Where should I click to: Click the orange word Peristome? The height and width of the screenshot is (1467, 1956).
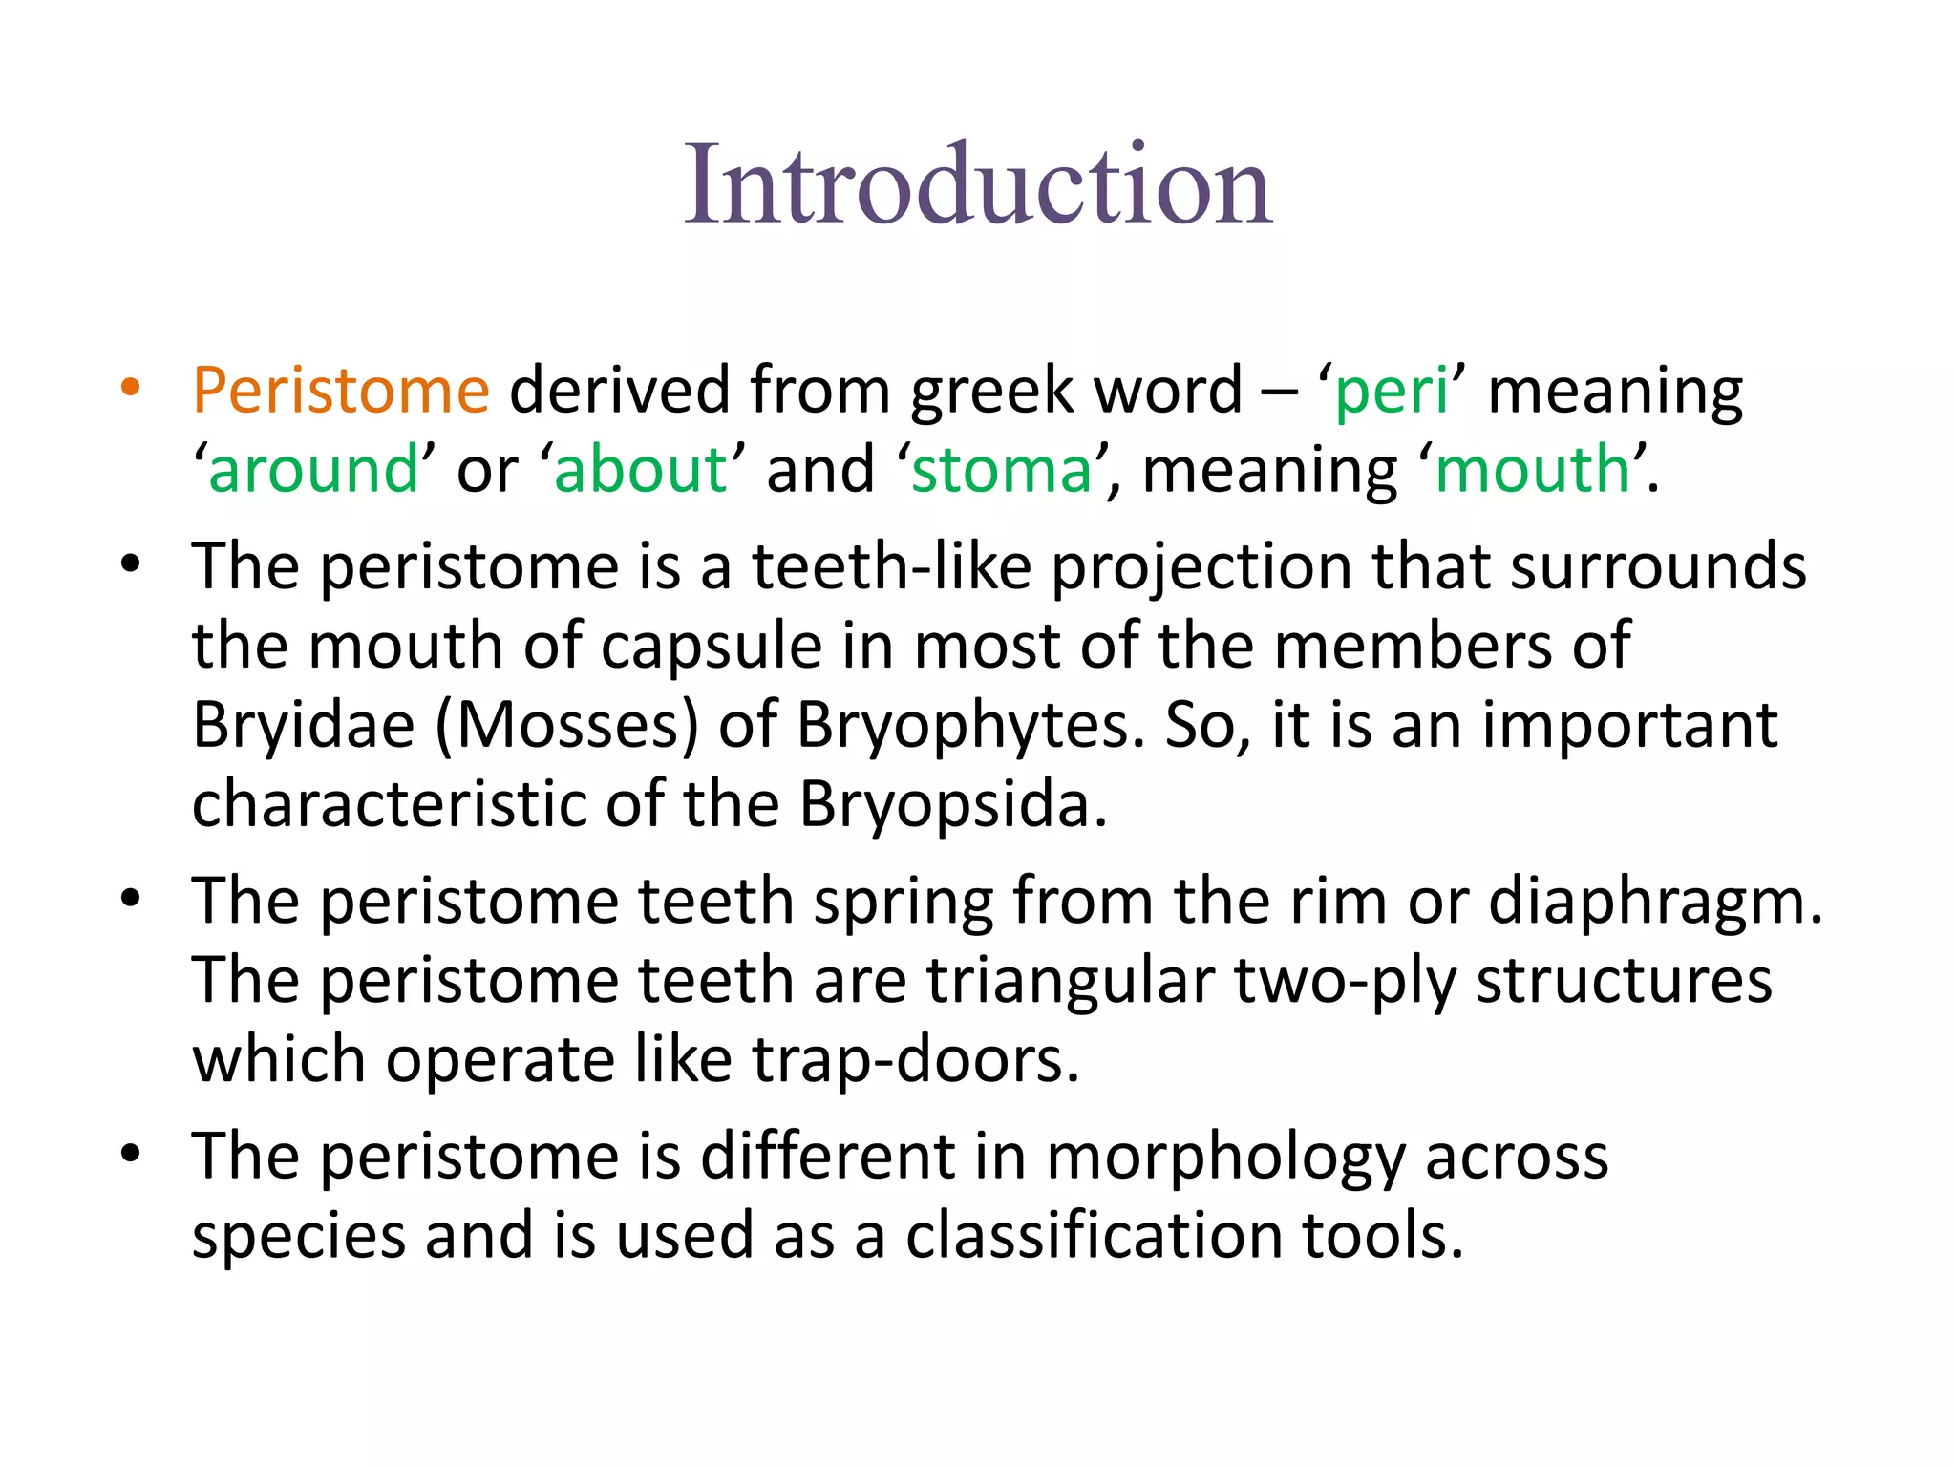pos(341,391)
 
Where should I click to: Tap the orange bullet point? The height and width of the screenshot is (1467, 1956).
pos(131,388)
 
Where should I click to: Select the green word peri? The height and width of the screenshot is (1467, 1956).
pos(1392,391)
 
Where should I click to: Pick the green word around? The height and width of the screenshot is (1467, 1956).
pos(313,470)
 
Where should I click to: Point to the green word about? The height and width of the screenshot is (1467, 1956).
pos(641,470)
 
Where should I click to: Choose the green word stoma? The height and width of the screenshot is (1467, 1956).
pos(1002,470)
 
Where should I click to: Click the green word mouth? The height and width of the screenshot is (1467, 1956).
pos(1532,470)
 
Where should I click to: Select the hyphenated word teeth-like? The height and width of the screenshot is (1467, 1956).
pos(892,566)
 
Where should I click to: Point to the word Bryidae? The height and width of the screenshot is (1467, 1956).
pos(304,726)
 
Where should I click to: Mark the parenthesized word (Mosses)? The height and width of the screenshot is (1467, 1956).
pos(567,726)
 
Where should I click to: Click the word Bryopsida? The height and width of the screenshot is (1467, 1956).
pos(952,805)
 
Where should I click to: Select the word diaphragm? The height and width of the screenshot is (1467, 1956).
pos(1655,903)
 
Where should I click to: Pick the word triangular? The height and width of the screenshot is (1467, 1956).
pos(1071,981)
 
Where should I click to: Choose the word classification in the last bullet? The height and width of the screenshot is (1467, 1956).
pos(1094,1236)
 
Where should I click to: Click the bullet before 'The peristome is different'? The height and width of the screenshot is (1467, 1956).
pos(131,1154)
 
